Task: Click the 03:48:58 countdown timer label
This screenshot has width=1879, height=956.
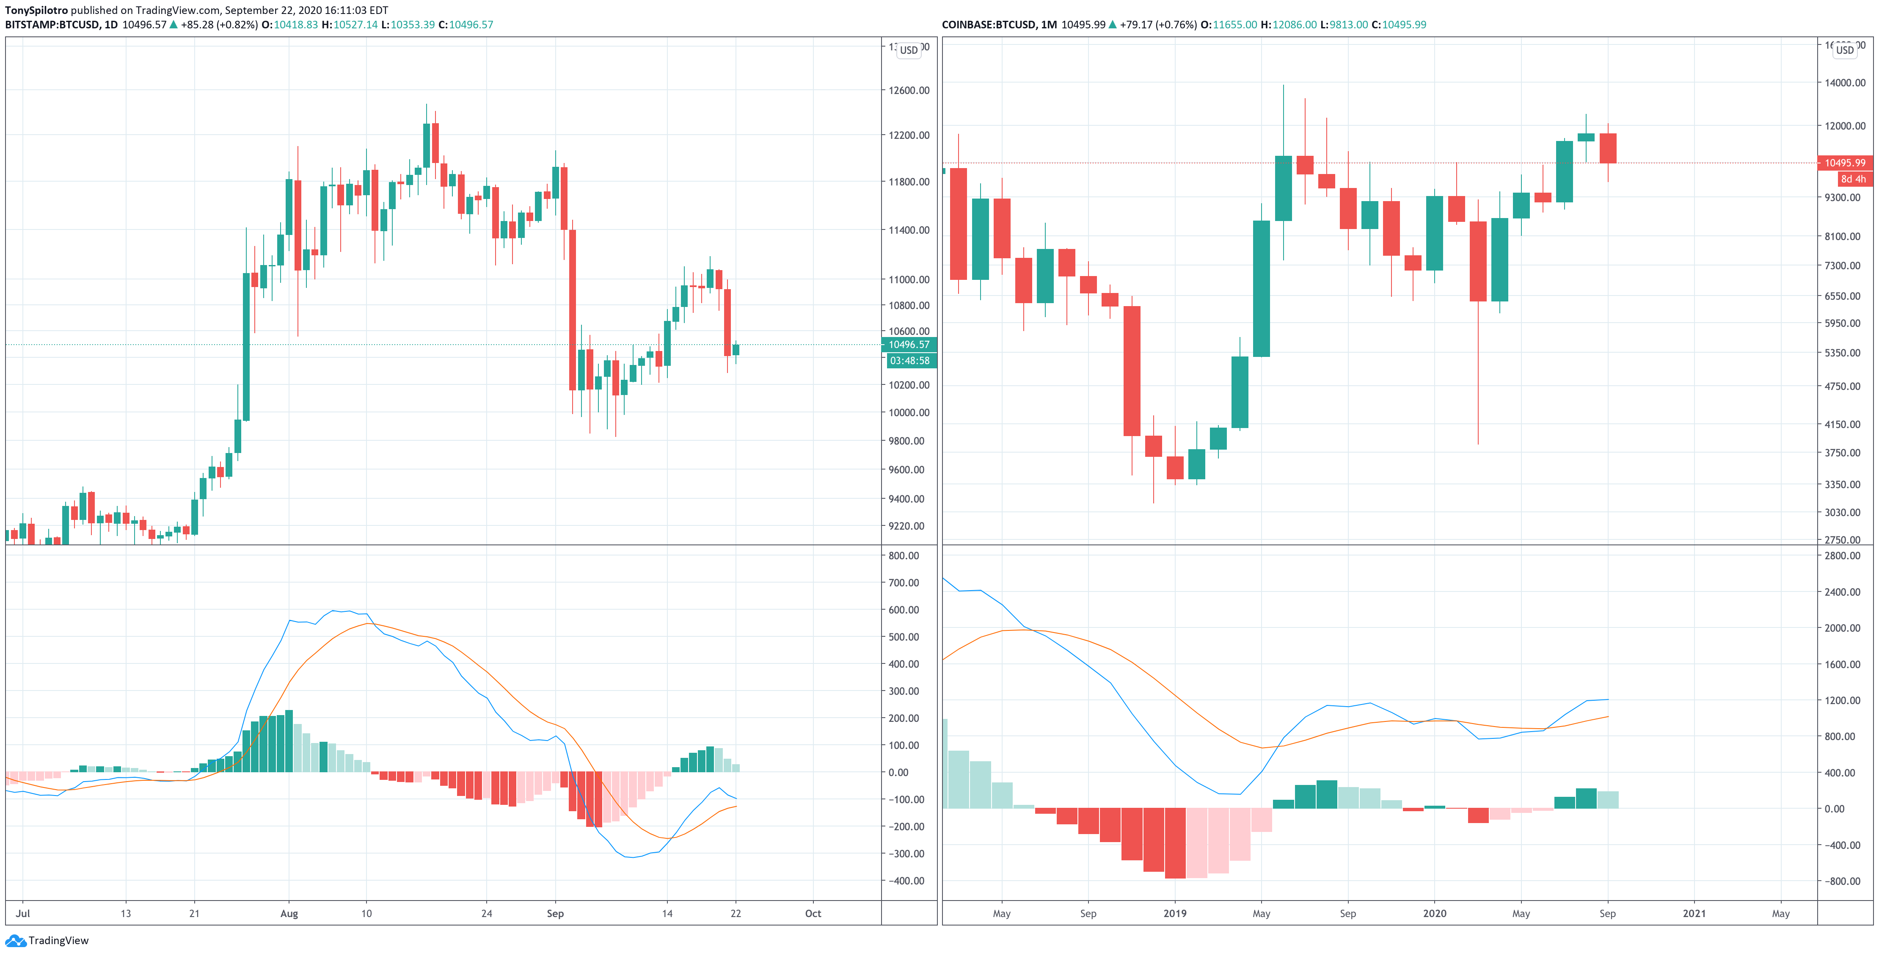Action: point(909,360)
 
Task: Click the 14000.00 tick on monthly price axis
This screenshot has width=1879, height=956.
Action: point(1845,83)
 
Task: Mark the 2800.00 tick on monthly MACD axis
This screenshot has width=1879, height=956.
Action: point(1842,555)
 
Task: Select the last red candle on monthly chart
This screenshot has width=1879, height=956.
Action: point(1608,148)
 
